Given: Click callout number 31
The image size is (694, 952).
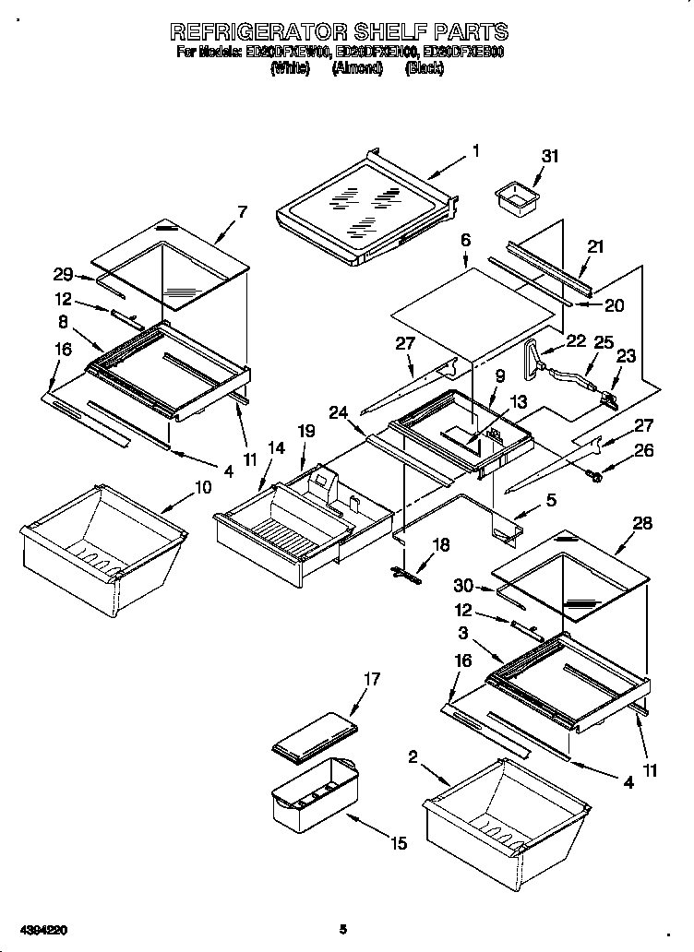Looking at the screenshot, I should tap(550, 157).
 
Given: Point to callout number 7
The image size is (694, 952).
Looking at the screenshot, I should tap(242, 211).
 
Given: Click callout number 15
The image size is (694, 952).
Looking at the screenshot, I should tap(398, 842).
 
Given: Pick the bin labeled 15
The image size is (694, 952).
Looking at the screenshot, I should tap(314, 793).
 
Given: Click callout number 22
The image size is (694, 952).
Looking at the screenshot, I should tap(577, 341).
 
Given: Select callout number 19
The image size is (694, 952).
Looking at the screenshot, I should tap(306, 431).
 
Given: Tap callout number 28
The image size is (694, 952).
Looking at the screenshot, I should tap(642, 523).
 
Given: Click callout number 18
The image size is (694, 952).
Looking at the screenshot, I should tap(441, 545).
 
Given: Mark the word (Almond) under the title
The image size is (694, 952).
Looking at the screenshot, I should tap(356, 69).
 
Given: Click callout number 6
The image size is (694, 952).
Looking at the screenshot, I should tap(466, 240).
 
